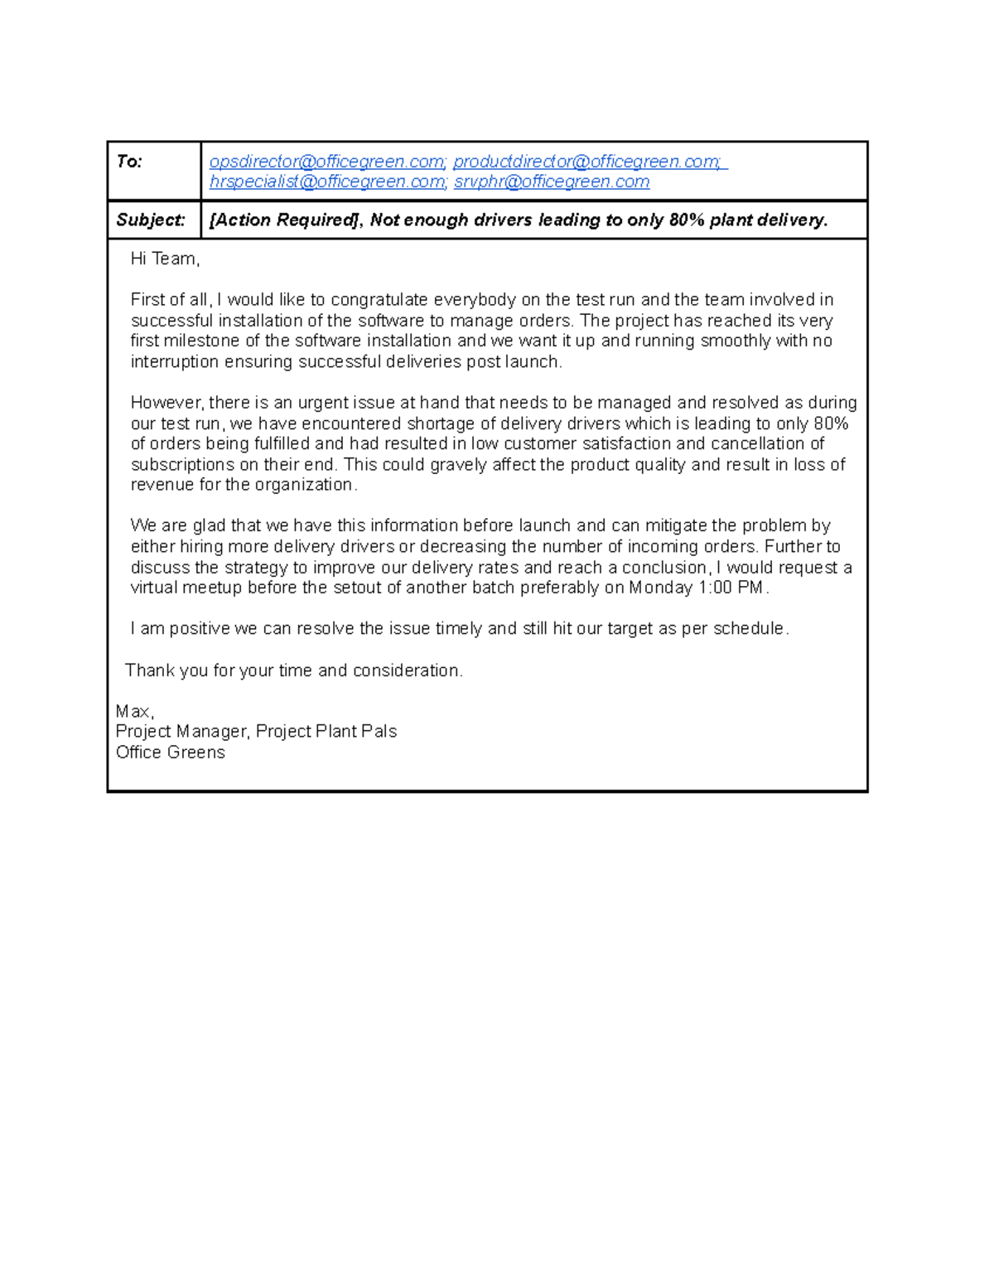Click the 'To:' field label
pyautogui.click(x=129, y=162)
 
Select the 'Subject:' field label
pyautogui.click(x=151, y=220)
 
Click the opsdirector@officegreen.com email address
pyautogui.click(x=327, y=162)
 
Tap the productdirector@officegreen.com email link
pyautogui.click(x=586, y=162)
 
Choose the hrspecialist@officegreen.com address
pyautogui.click(x=327, y=182)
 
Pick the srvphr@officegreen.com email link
pyautogui.click(x=552, y=182)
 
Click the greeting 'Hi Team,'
pyautogui.click(x=165, y=259)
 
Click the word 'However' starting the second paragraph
pyautogui.click(x=166, y=403)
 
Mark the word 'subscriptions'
pyautogui.click(x=182, y=464)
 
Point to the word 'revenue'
pyautogui.click(x=162, y=485)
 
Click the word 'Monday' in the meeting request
pyautogui.click(x=660, y=588)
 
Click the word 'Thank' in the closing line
pyautogui.click(x=147, y=670)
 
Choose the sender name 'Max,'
pyautogui.click(x=135, y=711)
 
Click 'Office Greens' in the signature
pyautogui.click(x=170, y=752)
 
